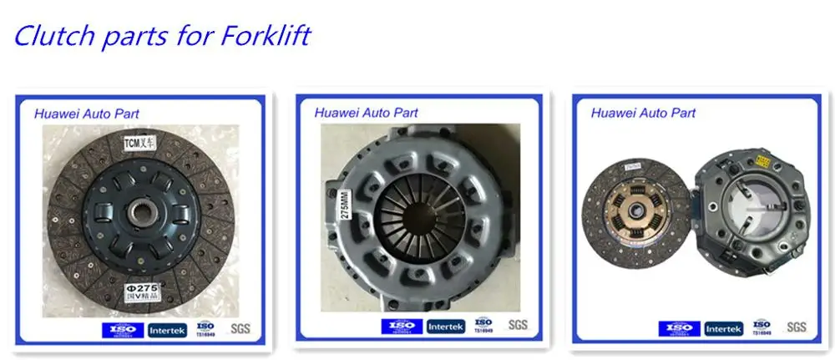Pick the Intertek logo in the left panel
pos(168,329)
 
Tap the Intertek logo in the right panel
pos(722,328)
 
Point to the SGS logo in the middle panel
pos(519,324)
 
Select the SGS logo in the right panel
pos(796,327)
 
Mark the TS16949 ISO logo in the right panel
pos(761,327)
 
